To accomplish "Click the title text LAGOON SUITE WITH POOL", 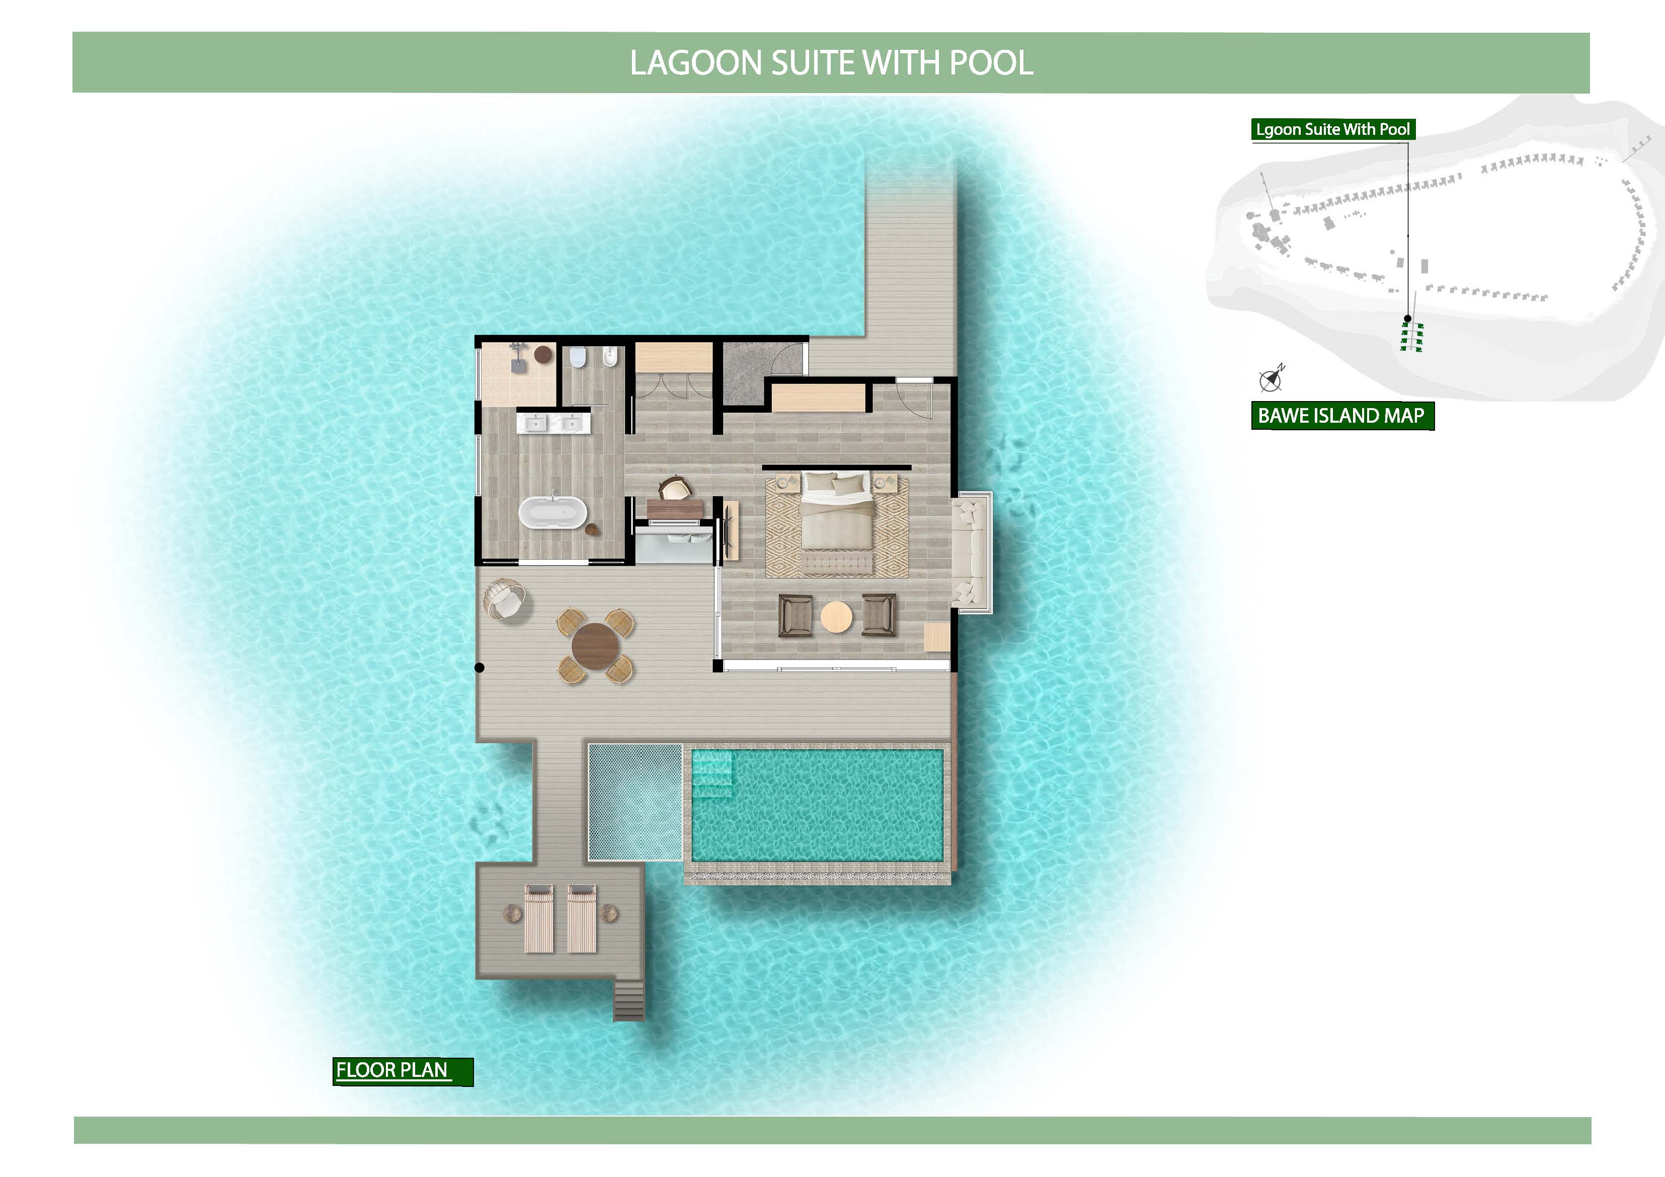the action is tap(831, 63).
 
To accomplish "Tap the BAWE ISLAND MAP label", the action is tap(1341, 416).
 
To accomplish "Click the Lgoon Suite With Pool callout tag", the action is tap(1333, 130).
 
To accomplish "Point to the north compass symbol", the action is tap(1271, 378).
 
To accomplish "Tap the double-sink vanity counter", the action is tap(553, 421).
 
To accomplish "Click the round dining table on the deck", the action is tap(595, 646).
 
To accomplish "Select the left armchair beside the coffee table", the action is tap(796, 616).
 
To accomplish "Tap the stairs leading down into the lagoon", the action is tap(629, 999).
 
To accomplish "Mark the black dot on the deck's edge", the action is tap(480, 667).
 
